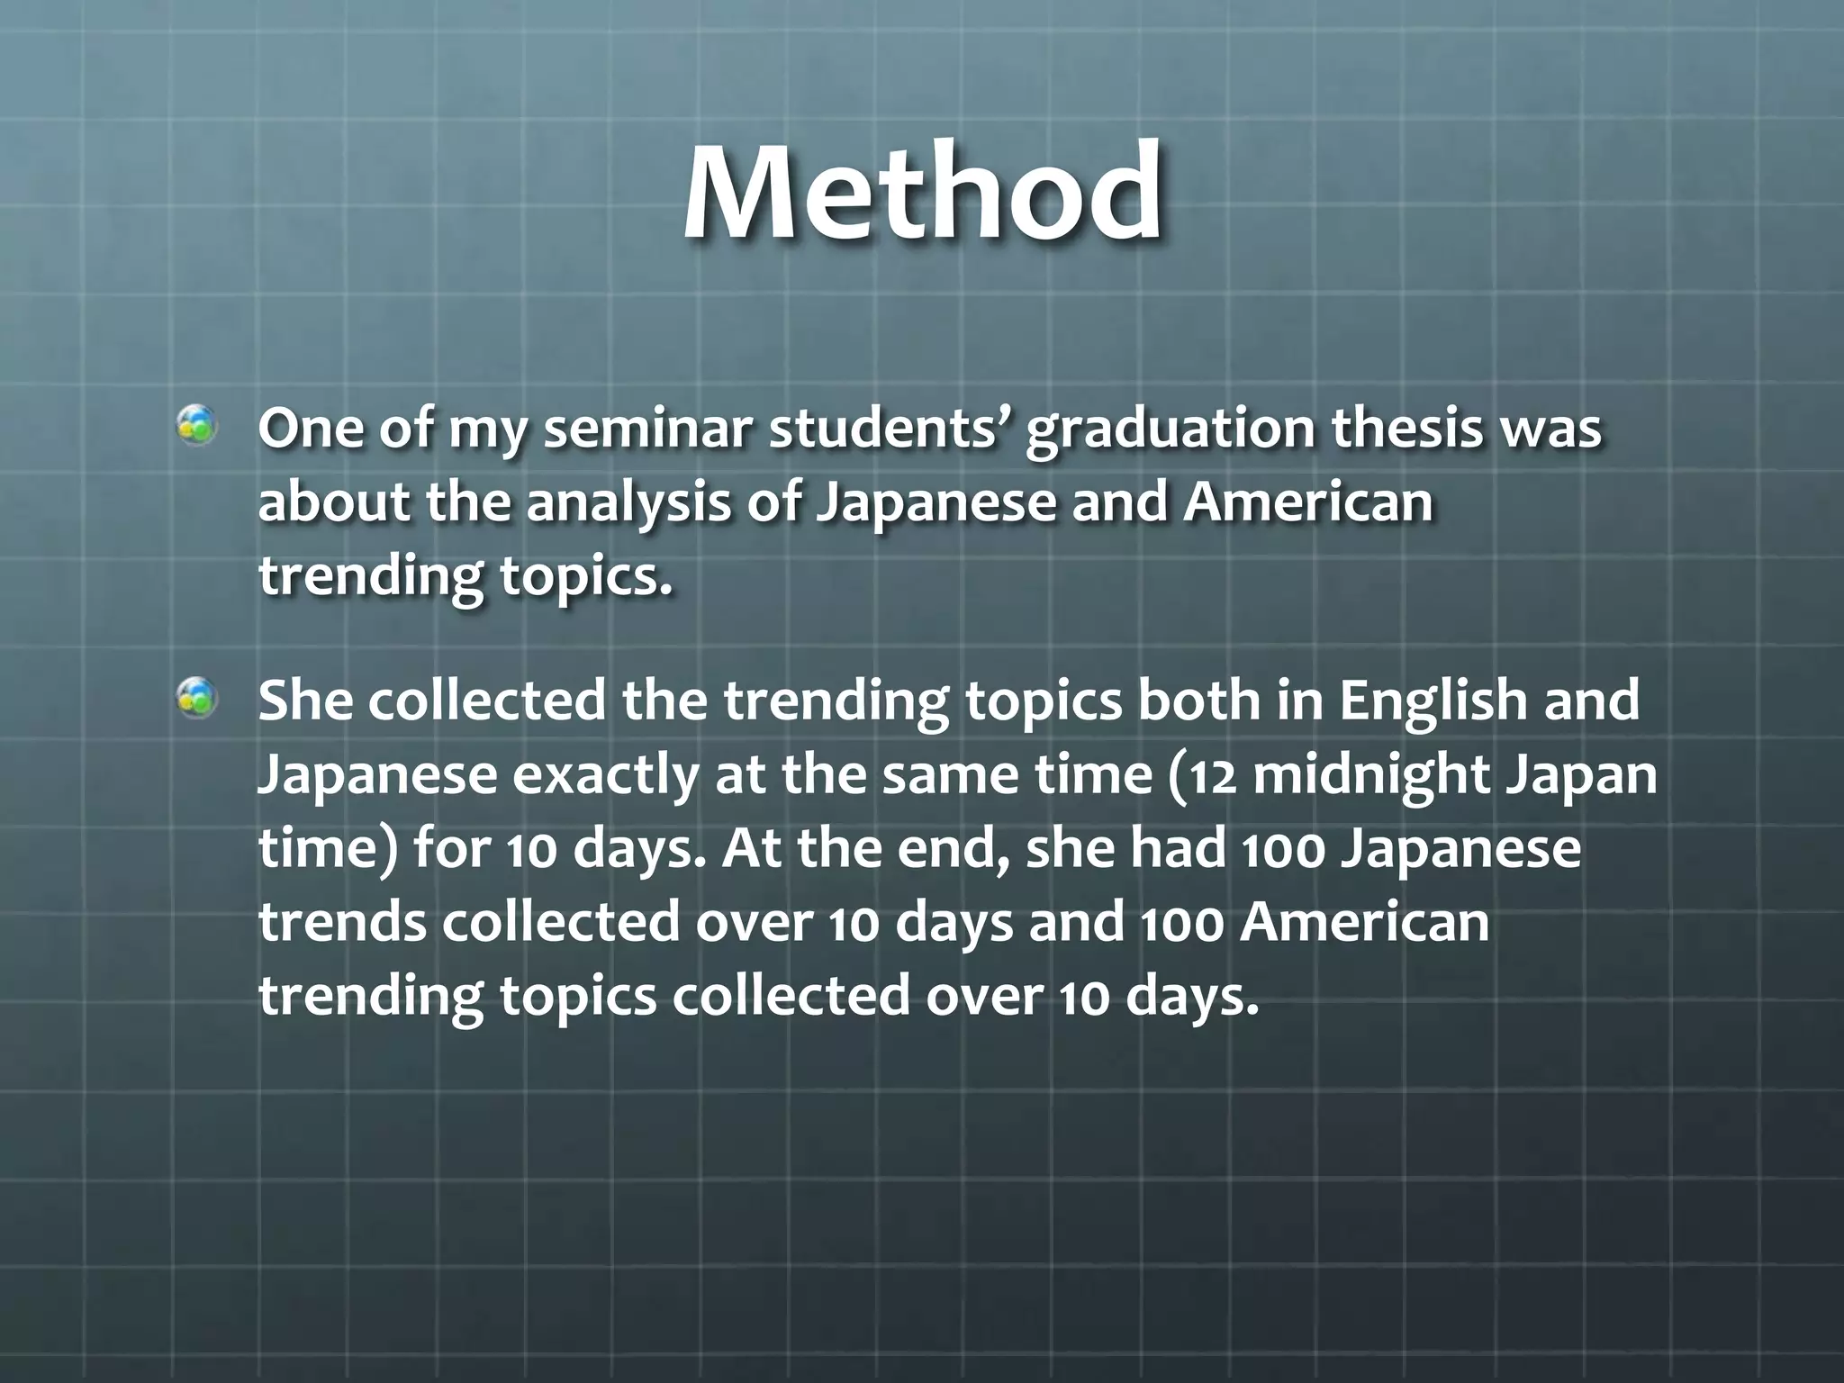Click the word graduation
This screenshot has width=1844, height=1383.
(x=1171, y=429)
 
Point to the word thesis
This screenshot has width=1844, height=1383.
(x=1407, y=429)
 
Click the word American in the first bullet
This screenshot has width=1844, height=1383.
(x=1307, y=502)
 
